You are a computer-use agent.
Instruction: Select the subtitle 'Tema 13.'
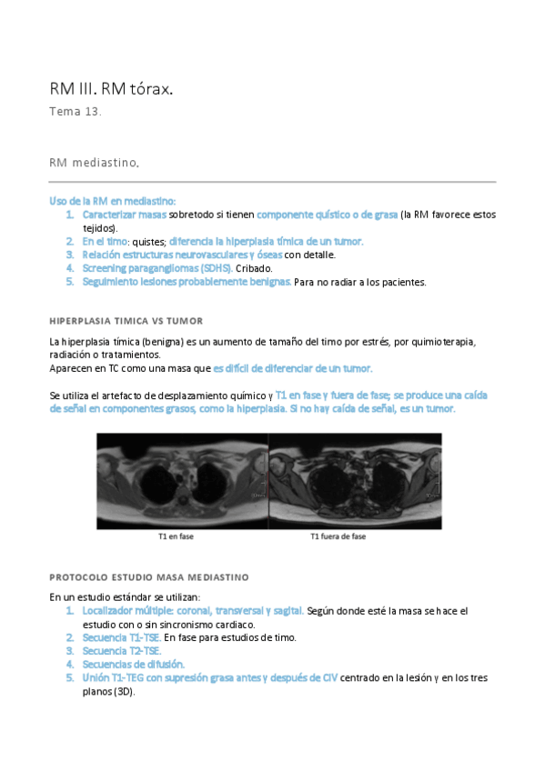pos(76,112)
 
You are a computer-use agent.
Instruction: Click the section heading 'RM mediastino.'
pos(95,162)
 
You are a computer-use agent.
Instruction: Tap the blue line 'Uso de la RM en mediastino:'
pos(112,200)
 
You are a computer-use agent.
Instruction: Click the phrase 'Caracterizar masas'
pos(124,215)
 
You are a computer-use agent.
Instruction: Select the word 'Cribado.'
pos(254,268)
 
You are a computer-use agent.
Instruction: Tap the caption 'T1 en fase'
pos(176,536)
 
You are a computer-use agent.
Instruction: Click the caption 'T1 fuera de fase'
pos(338,536)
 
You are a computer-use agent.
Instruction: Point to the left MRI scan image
pos(182,480)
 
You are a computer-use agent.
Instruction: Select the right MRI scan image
pos(355,480)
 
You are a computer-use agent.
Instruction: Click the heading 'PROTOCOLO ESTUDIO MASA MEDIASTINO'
pos(148,577)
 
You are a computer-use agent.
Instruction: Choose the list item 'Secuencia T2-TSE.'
pos(122,651)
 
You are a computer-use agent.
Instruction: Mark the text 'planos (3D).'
pos(108,692)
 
